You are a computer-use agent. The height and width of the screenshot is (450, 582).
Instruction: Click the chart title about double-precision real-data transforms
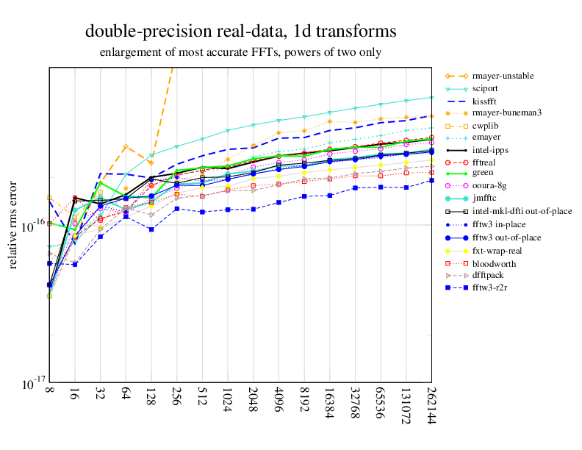point(240,32)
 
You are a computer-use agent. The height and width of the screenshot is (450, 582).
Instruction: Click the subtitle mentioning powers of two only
point(240,52)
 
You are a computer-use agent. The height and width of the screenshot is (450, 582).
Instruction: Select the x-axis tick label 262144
point(431,407)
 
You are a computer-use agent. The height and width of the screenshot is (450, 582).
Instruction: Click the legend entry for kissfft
point(485,101)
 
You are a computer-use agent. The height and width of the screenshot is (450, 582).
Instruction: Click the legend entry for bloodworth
point(494,263)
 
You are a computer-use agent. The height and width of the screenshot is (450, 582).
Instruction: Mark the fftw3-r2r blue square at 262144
point(431,180)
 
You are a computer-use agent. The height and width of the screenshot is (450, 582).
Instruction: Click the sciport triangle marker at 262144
point(431,97)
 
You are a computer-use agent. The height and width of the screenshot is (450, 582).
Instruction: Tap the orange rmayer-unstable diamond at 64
point(126,146)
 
